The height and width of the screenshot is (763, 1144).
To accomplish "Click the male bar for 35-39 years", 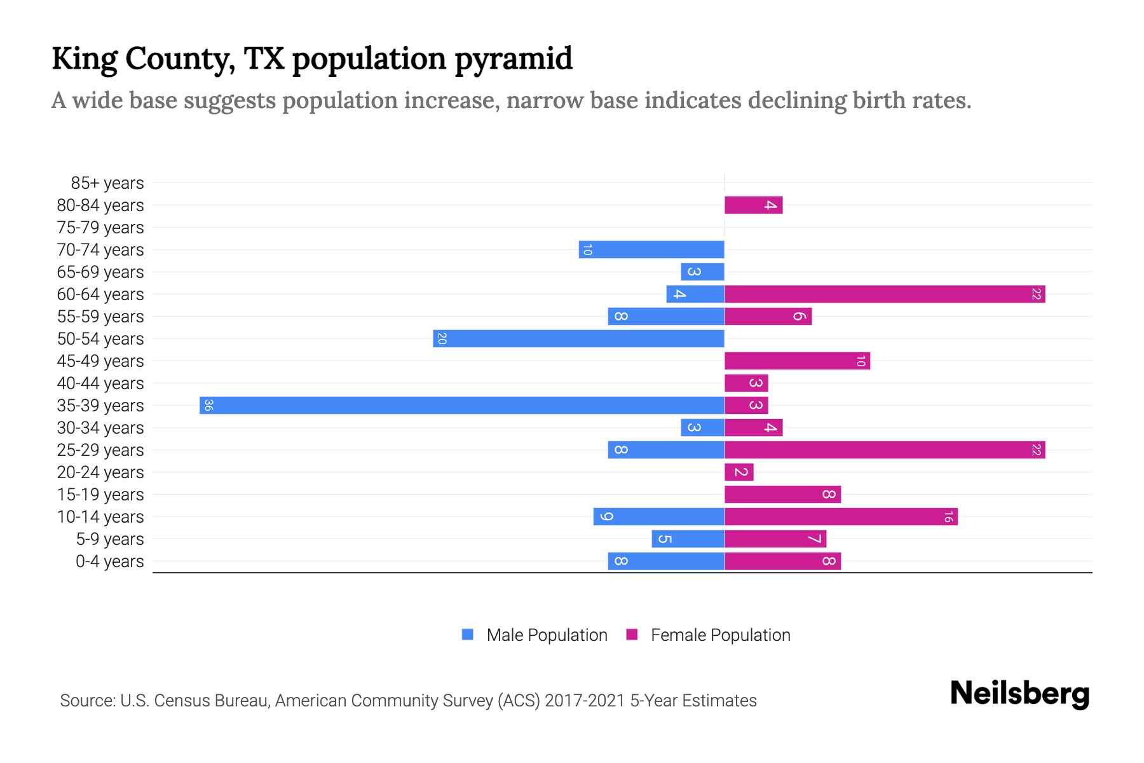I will click(x=462, y=405).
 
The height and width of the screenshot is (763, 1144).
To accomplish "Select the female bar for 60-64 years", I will click(x=885, y=294).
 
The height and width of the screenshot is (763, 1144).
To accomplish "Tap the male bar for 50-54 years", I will click(x=578, y=338).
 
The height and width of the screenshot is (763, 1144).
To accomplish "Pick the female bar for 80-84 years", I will click(x=753, y=205).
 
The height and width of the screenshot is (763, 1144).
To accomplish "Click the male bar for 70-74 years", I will click(x=651, y=249).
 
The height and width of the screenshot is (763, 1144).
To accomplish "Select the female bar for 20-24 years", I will click(x=739, y=472).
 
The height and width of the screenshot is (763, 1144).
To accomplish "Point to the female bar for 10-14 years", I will click(x=841, y=516).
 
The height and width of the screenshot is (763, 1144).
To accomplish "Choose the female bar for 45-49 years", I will click(x=797, y=361).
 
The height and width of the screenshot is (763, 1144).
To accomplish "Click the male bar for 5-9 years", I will click(x=688, y=539).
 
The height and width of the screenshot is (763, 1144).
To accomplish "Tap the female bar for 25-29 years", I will click(x=885, y=450).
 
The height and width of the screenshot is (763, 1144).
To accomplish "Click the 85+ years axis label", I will click(x=107, y=183).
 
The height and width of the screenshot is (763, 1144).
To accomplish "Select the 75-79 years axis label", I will click(x=100, y=228).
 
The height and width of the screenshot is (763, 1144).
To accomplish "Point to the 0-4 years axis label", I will click(x=109, y=561).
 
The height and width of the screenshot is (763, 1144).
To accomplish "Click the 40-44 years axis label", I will click(x=100, y=383).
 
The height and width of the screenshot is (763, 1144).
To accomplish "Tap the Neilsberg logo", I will click(x=1019, y=694).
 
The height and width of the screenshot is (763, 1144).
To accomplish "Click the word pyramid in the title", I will click(x=513, y=59).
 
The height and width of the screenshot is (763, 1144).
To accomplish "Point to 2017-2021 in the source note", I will click(x=585, y=701).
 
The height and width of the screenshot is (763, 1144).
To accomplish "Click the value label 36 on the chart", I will click(x=208, y=405).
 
